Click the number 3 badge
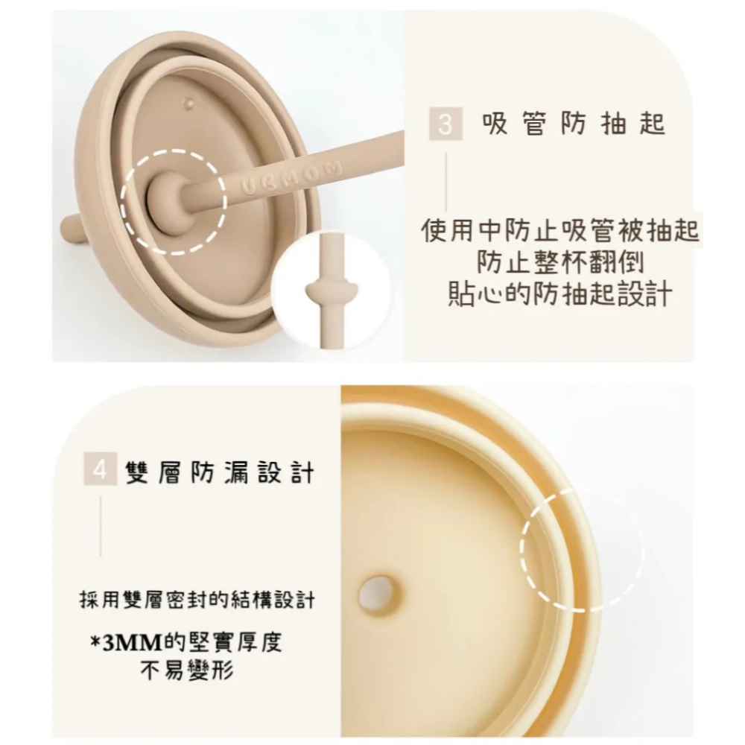[x=445, y=124]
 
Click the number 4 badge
[x=101, y=471]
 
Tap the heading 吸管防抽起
[x=573, y=124]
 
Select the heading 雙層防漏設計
[x=220, y=472]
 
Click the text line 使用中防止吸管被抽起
[x=560, y=232]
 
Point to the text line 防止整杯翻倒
[x=560, y=263]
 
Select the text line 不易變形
[x=187, y=670]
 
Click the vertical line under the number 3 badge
[x=446, y=183]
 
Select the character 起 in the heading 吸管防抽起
[x=652, y=124]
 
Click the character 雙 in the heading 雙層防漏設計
[x=137, y=472]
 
